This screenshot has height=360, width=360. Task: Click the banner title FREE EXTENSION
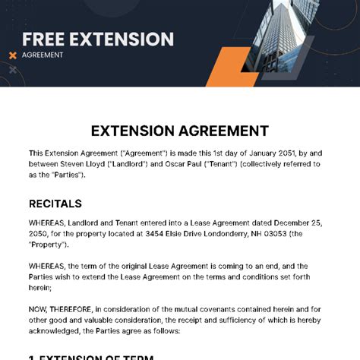(x=97, y=39)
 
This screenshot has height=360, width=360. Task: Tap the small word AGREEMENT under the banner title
(x=43, y=55)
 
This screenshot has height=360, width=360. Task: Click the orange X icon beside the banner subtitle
(x=12, y=55)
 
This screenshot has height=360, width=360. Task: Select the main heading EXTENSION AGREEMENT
(x=179, y=131)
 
